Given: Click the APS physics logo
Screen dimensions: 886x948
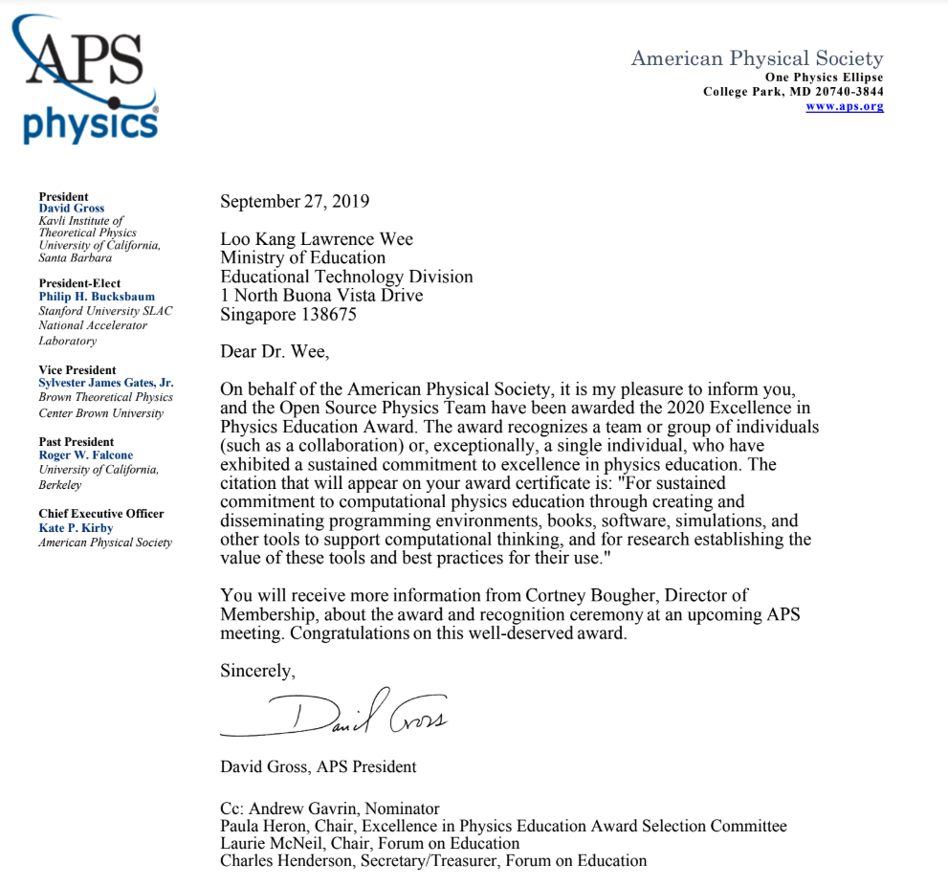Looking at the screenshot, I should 84,80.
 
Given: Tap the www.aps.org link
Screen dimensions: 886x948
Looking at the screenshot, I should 844,106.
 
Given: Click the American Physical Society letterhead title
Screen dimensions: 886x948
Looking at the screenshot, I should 757,58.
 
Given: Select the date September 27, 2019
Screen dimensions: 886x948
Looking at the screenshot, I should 295,202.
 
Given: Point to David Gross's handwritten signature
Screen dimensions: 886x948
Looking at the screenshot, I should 335,713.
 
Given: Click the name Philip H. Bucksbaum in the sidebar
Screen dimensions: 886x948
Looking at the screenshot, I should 97,297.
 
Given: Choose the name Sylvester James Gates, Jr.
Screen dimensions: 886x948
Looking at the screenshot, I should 106,383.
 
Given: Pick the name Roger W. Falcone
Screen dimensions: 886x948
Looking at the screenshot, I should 86,455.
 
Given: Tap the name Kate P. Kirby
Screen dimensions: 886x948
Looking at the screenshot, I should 76,528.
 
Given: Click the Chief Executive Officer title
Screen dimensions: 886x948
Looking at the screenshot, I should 101,514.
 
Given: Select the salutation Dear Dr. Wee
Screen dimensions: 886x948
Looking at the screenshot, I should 275,352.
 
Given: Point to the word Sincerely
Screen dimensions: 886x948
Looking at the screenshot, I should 257,671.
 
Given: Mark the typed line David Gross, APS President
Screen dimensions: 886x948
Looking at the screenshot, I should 319,766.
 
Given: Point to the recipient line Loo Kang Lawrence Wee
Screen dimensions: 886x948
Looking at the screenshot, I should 317,238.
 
